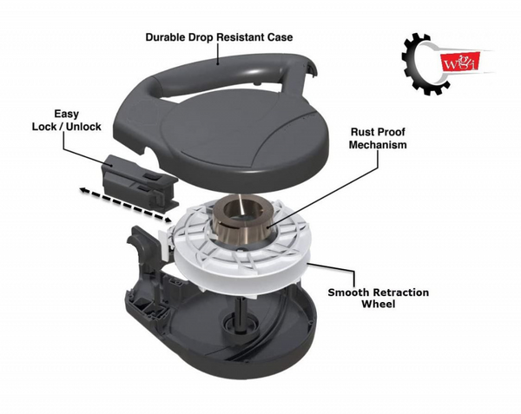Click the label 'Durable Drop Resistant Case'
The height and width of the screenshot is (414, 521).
pos(220,36)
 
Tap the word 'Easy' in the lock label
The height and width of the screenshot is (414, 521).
pos(67,114)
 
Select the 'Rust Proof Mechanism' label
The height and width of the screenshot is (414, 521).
pos(378,139)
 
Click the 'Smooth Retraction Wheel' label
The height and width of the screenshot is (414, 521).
pos(378,299)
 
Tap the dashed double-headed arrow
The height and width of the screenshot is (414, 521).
pos(125,204)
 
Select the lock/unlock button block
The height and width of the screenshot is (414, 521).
pos(140,182)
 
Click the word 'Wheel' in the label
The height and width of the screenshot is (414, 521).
pos(378,304)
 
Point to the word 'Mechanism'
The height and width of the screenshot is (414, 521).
pos(378,145)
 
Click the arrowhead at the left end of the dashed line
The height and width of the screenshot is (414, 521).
pos(83,189)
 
